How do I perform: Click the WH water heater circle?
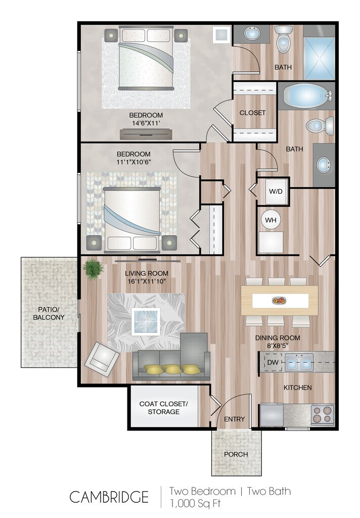[x=271, y=220]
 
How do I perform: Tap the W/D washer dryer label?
[x=276, y=191]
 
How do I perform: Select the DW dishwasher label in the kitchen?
[x=273, y=362]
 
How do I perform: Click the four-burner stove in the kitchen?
[x=323, y=415]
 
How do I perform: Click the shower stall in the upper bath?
[x=319, y=59]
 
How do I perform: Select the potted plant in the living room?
[x=94, y=269]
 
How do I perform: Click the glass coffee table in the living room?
[x=146, y=321]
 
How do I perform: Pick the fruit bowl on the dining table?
[x=280, y=300]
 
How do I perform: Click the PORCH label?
[x=236, y=454]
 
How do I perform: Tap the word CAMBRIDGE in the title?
[x=109, y=497]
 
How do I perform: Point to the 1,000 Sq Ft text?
[x=195, y=503]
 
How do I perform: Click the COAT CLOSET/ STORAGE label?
[x=163, y=408]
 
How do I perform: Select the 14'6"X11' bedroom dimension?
[x=146, y=123]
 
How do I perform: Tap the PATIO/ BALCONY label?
[x=49, y=314]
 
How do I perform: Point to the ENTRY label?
[x=235, y=419]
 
